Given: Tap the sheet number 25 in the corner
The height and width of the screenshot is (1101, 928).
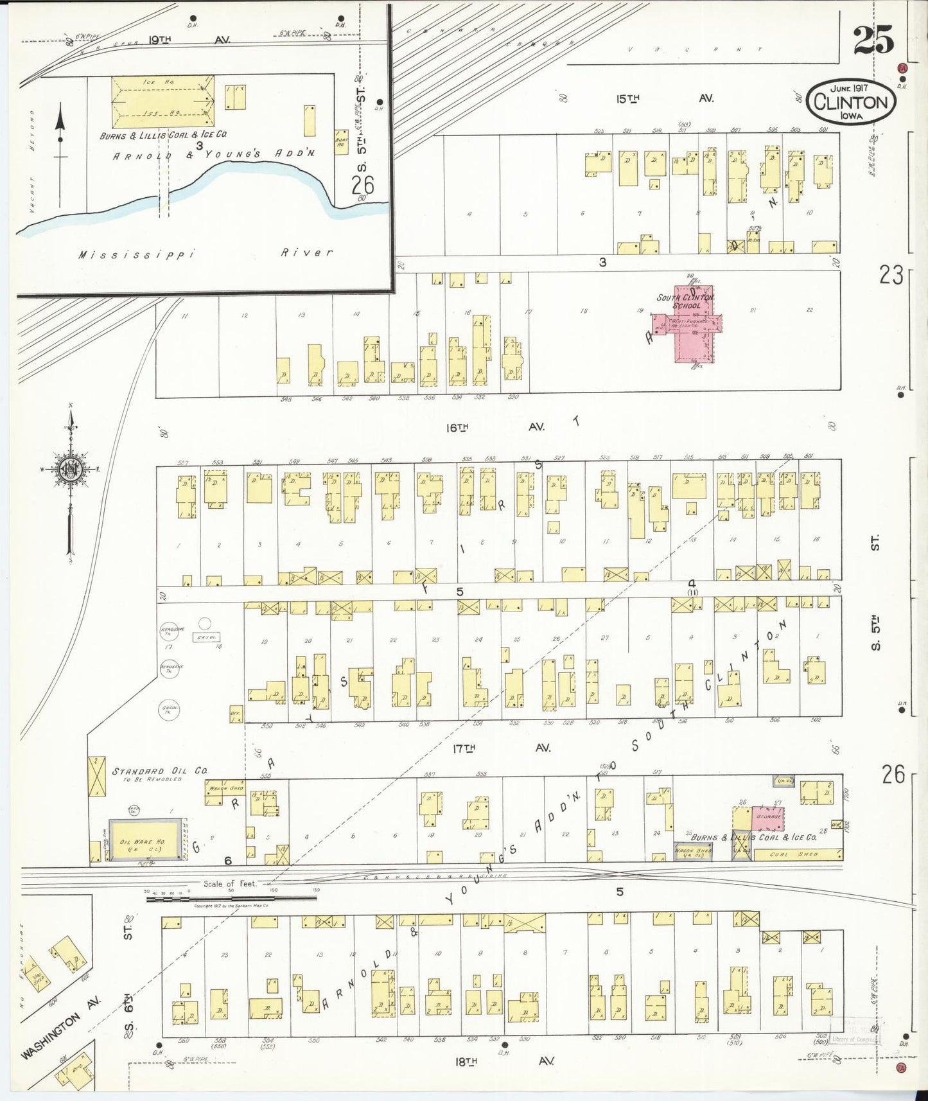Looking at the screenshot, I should tap(873, 40).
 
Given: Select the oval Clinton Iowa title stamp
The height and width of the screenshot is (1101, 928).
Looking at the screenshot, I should tap(851, 103).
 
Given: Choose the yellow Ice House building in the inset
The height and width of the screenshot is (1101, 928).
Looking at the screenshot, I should tap(162, 101).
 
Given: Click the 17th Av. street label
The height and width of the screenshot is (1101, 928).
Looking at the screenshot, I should tap(501, 748).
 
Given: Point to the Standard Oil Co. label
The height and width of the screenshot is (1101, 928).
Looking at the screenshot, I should tap(159, 771).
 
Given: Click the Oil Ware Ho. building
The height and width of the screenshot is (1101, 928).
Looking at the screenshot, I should tap(144, 840).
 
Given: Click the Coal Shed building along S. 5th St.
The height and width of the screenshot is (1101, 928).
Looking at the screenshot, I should tap(797, 854).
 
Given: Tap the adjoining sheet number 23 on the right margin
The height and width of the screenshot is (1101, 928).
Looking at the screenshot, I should tap(891, 275).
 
